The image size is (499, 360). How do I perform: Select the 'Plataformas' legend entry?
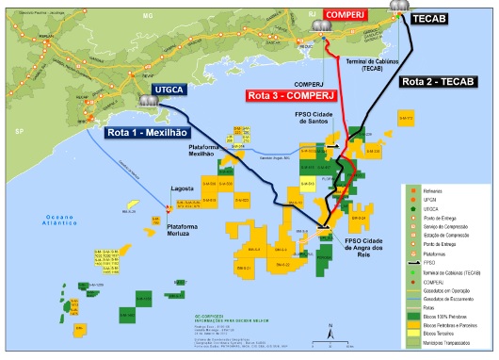[435, 254]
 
